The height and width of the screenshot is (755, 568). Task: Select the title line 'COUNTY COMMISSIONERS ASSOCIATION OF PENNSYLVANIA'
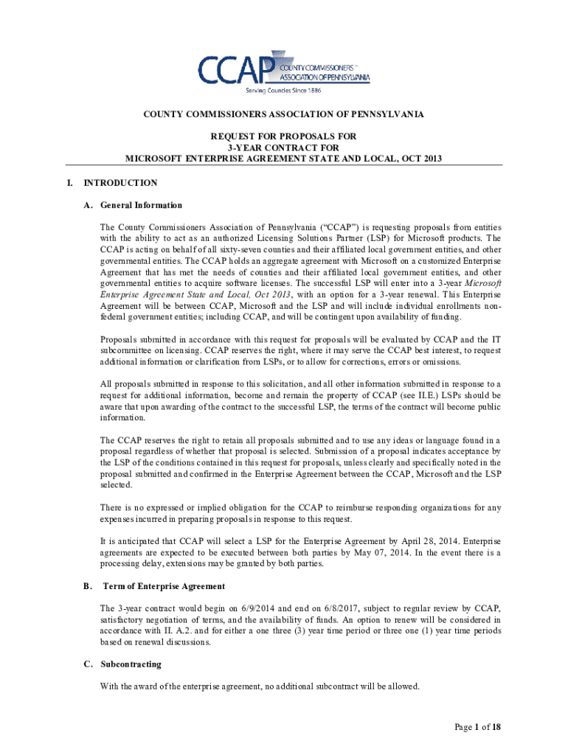(x=283, y=115)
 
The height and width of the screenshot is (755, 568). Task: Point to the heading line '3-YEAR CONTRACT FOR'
(x=284, y=147)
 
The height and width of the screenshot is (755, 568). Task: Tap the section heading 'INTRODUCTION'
(x=120, y=183)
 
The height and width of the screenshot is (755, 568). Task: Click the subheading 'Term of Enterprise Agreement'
(x=164, y=586)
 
